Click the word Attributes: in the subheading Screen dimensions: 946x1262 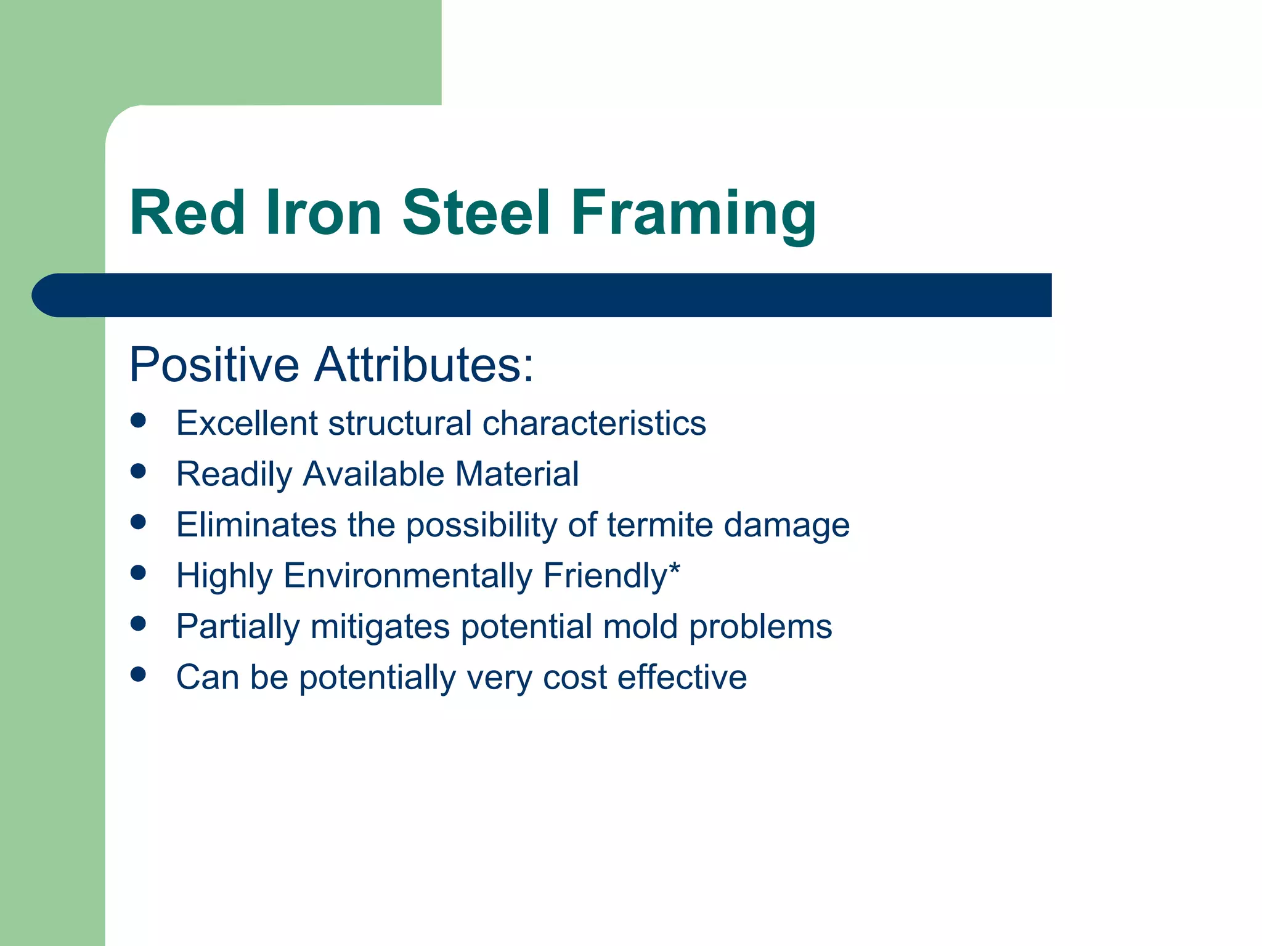[x=424, y=365]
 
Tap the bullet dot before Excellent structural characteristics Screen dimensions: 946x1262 [x=139, y=421]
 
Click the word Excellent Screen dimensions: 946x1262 [x=246, y=423]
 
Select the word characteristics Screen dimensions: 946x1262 [x=594, y=423]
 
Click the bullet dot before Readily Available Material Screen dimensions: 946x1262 [x=139, y=472]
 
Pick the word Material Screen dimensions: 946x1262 [x=516, y=474]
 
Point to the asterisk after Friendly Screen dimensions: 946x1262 [x=674, y=569]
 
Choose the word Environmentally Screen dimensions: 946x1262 [x=408, y=576]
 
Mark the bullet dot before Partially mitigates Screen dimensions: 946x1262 [x=139, y=624]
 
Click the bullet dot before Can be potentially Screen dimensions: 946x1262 [x=139, y=674]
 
